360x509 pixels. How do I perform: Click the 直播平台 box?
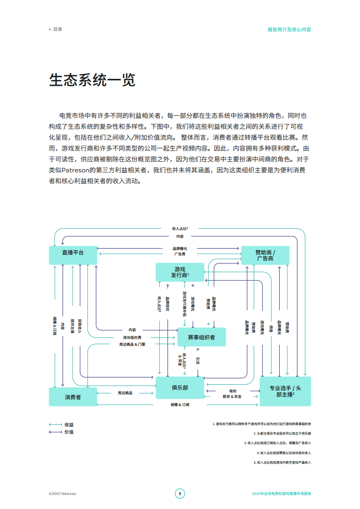[73, 255]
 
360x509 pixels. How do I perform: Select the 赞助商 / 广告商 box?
[265, 255]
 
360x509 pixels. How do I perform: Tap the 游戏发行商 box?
[180, 272]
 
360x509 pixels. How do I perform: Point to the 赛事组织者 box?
[201, 337]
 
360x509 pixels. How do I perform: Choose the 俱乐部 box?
[180, 387]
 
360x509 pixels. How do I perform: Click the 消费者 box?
[73, 397]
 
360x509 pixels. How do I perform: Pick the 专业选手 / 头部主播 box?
[285, 391]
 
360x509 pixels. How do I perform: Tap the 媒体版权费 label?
[132, 338]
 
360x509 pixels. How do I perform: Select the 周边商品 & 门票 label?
[132, 344]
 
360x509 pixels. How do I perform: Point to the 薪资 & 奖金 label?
[232, 396]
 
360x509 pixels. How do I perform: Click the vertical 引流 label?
[197, 361]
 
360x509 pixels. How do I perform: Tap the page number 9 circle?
[180, 494]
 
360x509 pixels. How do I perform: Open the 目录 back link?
[55, 29]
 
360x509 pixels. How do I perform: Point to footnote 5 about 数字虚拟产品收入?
[282, 462]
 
